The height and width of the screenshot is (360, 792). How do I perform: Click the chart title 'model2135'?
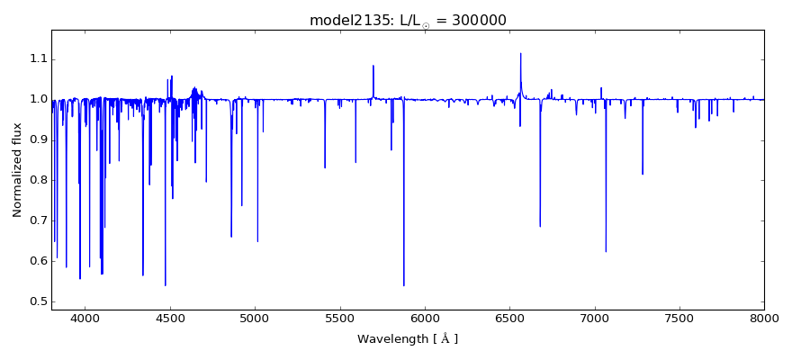[340, 20]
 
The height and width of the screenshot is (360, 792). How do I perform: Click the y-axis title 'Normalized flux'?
[18, 170]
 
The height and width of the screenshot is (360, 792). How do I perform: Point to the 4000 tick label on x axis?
[85, 318]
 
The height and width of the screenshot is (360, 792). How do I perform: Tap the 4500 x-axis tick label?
[170, 318]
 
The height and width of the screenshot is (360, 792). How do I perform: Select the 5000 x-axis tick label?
[255, 318]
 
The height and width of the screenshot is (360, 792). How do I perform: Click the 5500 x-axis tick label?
[339, 318]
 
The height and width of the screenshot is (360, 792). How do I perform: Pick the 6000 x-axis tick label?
[425, 318]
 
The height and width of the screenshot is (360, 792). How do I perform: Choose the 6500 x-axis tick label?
[509, 318]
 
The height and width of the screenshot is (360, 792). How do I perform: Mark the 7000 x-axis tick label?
[594, 318]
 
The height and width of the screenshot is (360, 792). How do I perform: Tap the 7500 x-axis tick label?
[679, 318]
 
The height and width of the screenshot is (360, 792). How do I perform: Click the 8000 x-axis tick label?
[764, 318]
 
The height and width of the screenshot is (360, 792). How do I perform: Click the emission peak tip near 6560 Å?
[520, 53]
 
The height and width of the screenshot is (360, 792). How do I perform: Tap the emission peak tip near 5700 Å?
[373, 66]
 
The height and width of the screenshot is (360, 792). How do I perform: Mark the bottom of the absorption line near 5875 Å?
[403, 285]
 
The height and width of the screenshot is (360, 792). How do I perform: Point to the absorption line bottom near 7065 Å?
[606, 251]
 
